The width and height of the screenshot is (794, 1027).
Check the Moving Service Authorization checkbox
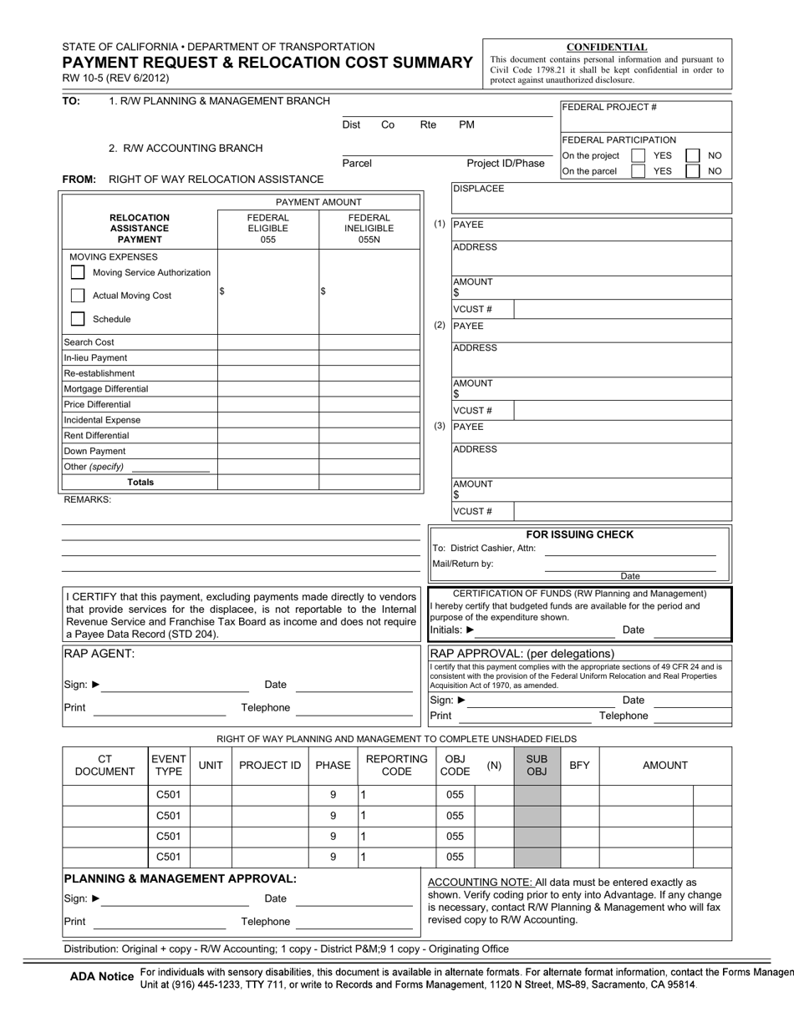(78, 272)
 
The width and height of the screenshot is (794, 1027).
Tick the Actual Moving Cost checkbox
(78, 296)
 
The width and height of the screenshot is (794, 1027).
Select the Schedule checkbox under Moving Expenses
(78, 319)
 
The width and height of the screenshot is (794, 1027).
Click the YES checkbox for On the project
(638, 156)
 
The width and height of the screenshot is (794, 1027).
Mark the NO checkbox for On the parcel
(692, 171)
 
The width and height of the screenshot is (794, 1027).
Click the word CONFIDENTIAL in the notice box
(607, 48)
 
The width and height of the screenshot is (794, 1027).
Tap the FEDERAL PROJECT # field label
(609, 108)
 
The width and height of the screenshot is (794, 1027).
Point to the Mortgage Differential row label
(106, 389)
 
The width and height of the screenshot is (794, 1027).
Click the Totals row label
(140, 483)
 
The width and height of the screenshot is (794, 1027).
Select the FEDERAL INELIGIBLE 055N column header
(369, 229)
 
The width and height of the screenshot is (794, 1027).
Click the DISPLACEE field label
(479, 189)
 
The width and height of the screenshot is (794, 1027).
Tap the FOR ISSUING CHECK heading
(579, 534)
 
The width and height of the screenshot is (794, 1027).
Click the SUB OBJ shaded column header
(537, 765)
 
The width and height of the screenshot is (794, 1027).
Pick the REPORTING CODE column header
(396, 765)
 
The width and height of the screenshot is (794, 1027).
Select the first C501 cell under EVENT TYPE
(169, 795)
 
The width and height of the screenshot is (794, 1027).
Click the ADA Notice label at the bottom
(102, 976)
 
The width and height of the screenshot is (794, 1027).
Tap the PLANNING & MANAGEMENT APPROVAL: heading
(180, 878)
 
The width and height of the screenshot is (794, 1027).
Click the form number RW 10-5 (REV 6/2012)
(115, 78)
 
